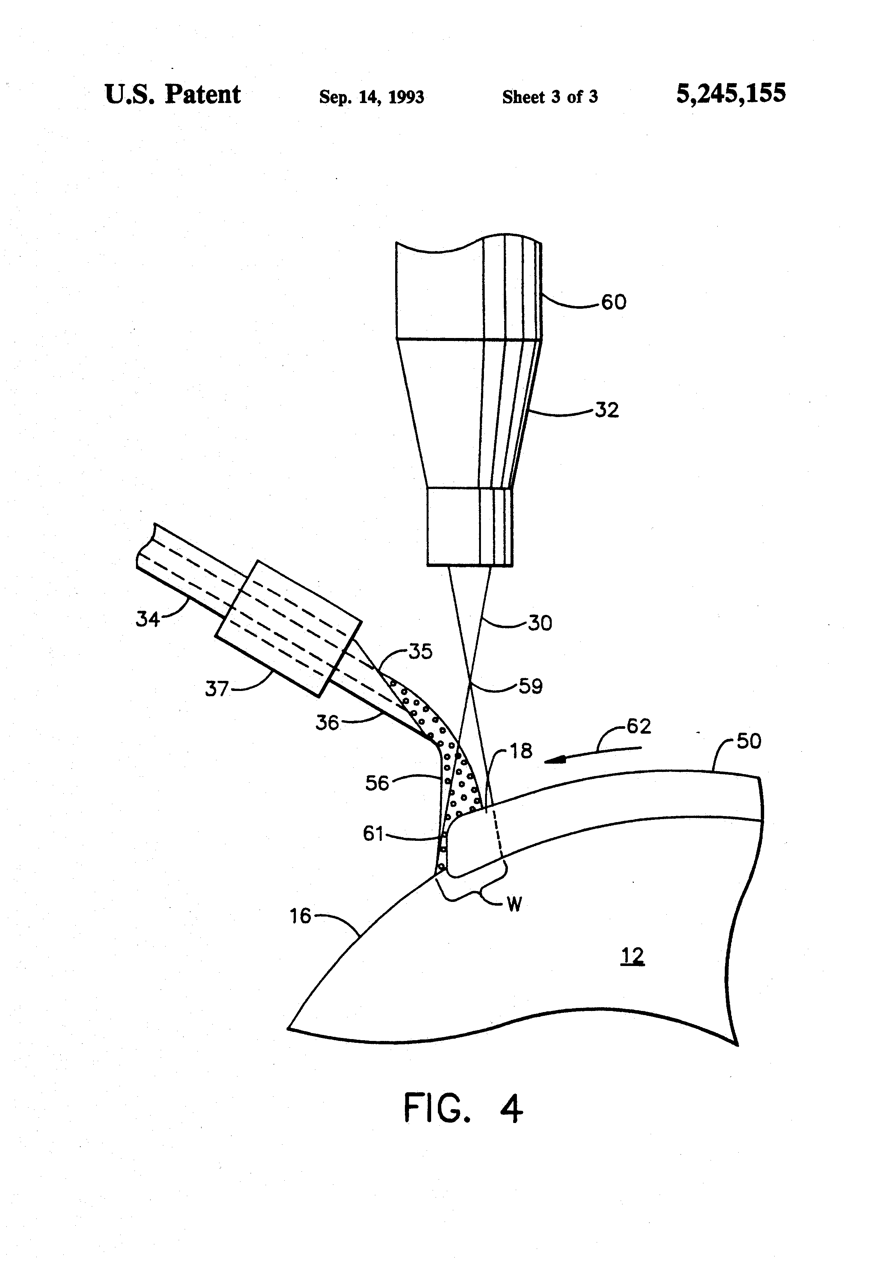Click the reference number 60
tap(614, 302)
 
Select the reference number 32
tap(607, 410)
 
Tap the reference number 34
tap(147, 619)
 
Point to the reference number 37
tap(217, 688)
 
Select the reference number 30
tap(540, 623)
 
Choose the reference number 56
tap(377, 783)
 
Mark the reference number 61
tap(373, 834)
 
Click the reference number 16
tap(300, 916)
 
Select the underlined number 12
tap(632, 957)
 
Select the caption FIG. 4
tap(463, 1108)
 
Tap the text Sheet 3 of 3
tap(550, 97)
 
